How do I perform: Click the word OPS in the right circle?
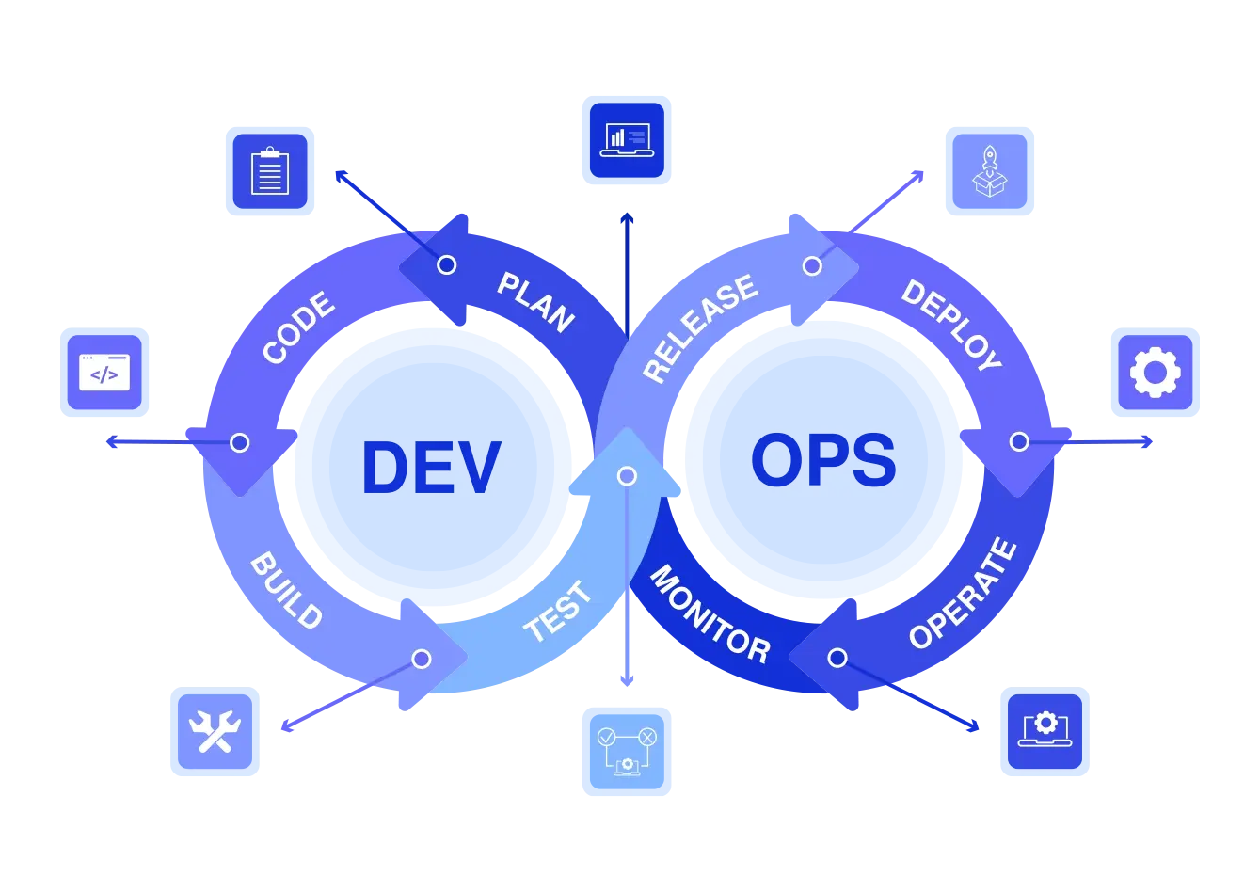823,461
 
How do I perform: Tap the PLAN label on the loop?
535,302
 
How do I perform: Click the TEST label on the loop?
558,612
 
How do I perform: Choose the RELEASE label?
700,327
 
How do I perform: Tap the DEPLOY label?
951,325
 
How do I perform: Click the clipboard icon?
270,170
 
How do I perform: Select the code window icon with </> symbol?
104,374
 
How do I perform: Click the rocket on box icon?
989,170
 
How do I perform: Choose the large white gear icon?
1156,373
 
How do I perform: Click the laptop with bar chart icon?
627,140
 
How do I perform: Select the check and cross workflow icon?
627,750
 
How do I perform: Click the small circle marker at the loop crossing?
627,476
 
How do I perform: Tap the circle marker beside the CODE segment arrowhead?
240,442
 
